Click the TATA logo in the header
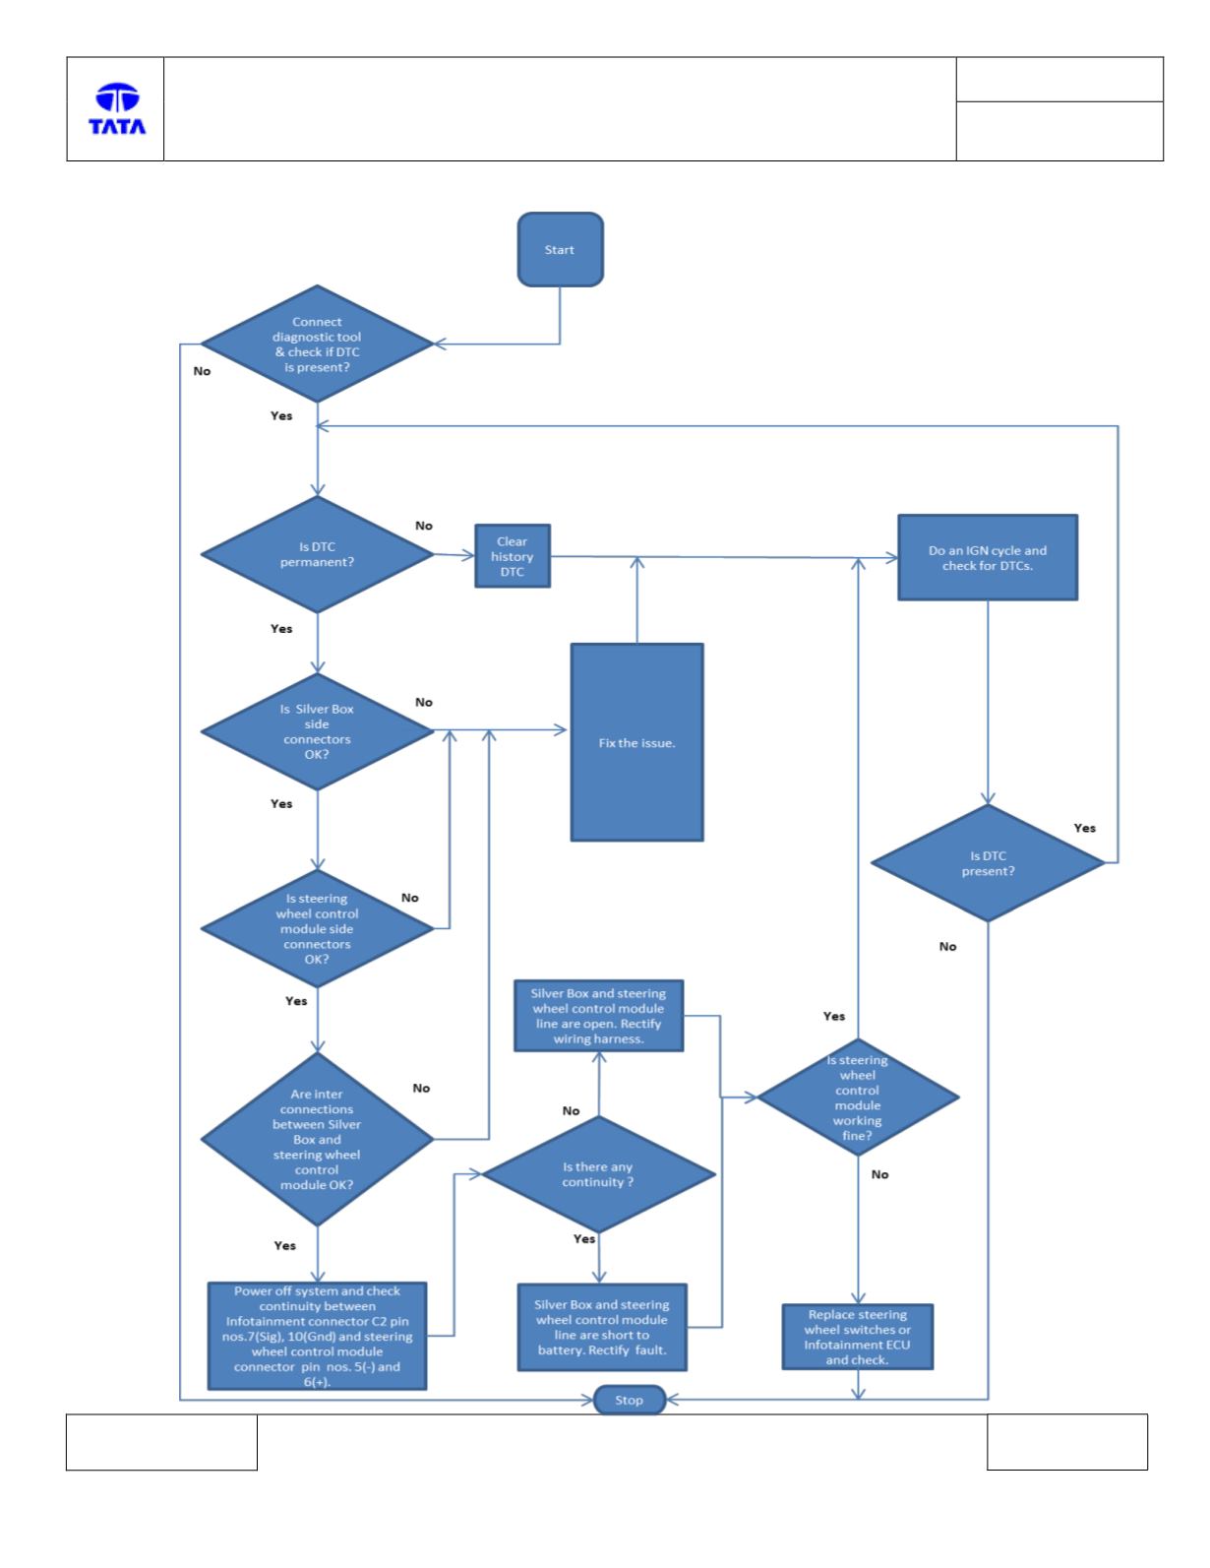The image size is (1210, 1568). click(117, 109)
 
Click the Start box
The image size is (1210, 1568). click(560, 249)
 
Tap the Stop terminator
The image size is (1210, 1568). click(629, 1399)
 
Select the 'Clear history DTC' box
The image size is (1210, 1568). click(512, 555)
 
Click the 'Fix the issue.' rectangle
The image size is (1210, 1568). click(636, 742)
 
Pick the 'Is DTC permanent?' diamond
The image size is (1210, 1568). click(318, 554)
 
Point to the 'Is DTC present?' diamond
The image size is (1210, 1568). click(987, 863)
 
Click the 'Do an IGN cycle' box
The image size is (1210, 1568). click(987, 557)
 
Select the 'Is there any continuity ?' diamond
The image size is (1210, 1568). click(598, 1174)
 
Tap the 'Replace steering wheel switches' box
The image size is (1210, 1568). click(858, 1337)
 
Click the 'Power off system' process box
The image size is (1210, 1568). click(318, 1336)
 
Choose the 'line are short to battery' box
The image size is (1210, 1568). click(602, 1327)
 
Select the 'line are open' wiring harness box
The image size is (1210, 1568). click(598, 1015)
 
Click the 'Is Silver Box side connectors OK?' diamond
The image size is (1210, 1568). click(318, 731)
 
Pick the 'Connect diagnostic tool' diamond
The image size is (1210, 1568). click(318, 344)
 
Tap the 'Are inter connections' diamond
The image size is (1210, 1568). click(318, 1139)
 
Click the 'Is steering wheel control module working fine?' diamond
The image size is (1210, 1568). click(858, 1097)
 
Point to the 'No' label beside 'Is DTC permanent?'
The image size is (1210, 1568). click(424, 526)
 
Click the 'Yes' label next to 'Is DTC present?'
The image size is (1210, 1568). click(1084, 828)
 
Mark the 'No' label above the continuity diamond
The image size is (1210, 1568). click(572, 1110)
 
